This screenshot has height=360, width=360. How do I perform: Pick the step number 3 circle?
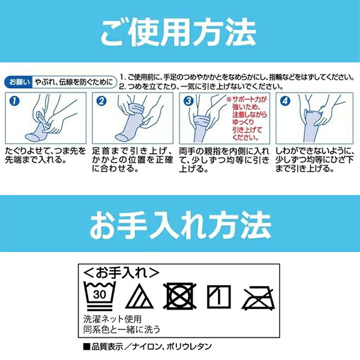(x=188, y=101)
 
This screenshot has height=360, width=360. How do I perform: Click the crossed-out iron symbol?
(x=259, y=295)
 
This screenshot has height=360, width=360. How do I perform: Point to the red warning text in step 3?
(x=244, y=119)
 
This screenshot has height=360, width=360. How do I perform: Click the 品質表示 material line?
(x=147, y=346)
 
